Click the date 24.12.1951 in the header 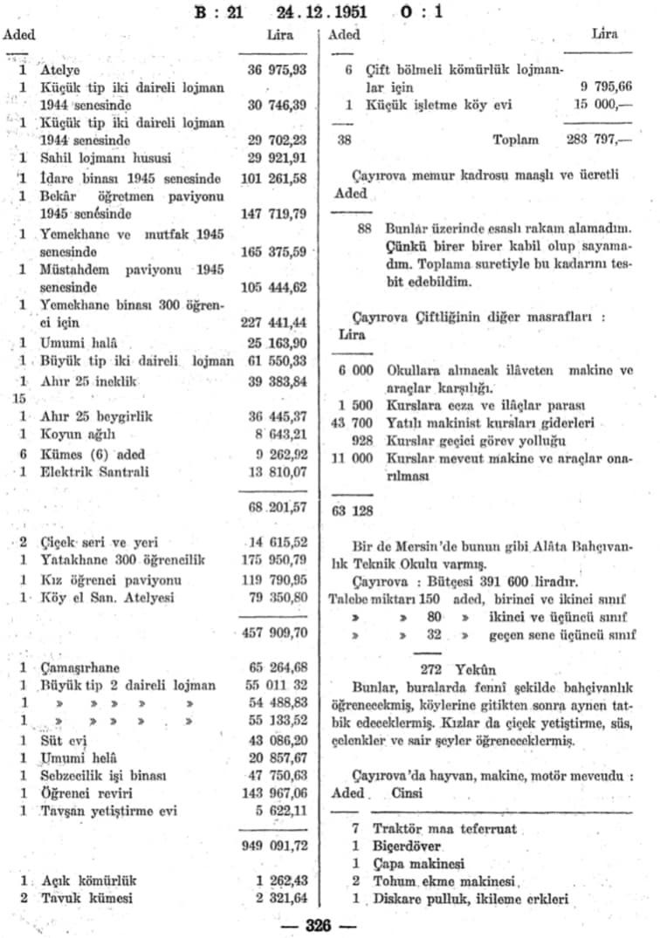click(x=321, y=13)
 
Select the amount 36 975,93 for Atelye click(x=278, y=69)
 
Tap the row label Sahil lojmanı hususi click(x=105, y=159)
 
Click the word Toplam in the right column click(x=516, y=140)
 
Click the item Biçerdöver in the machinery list click(x=407, y=846)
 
